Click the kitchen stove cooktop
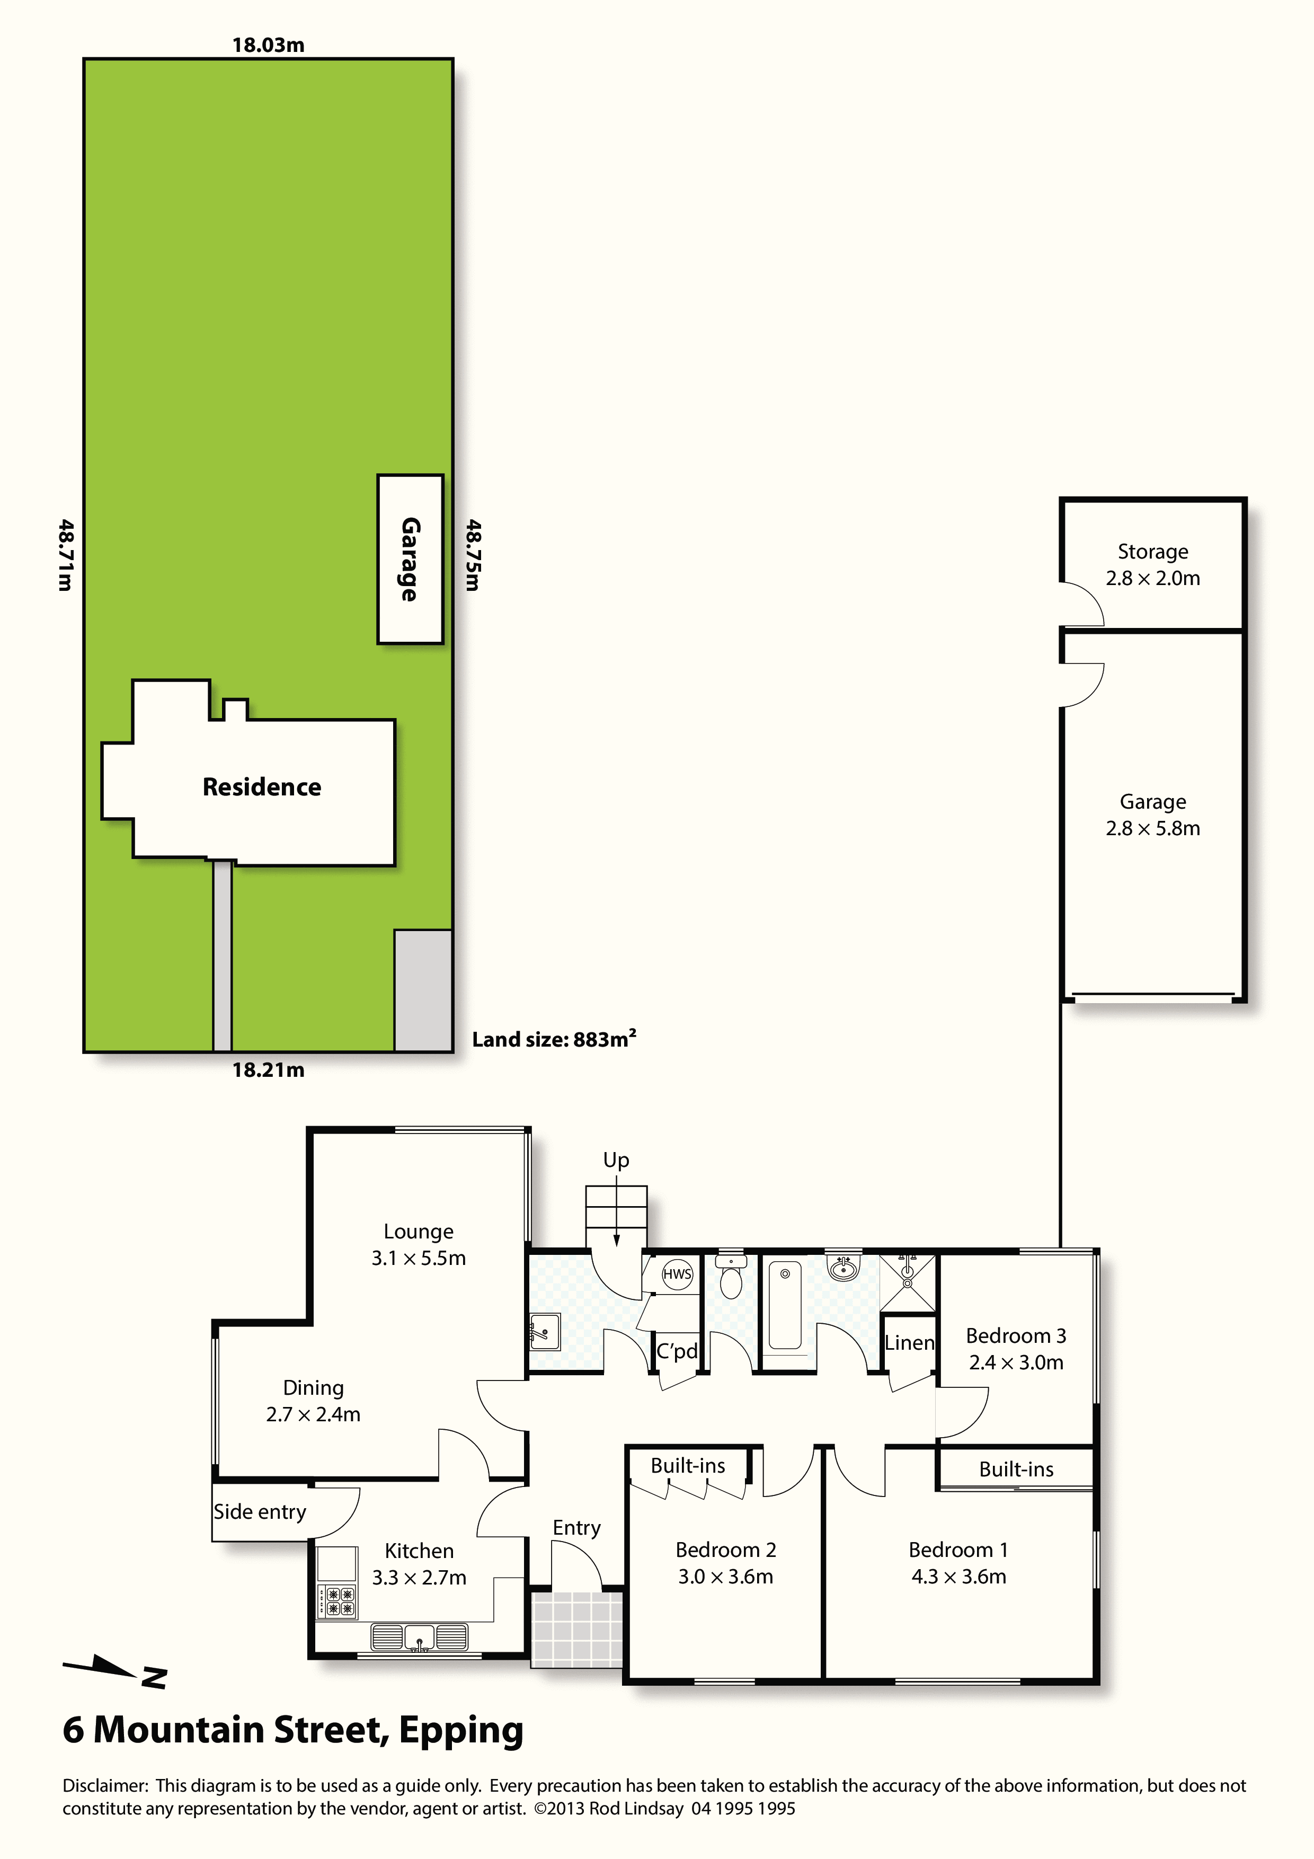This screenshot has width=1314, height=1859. coord(337,1601)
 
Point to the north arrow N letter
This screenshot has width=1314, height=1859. coord(154,1678)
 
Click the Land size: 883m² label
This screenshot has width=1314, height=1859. coord(554,1039)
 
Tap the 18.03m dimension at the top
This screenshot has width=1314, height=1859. coord(268,46)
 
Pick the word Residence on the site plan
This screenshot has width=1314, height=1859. coord(262,787)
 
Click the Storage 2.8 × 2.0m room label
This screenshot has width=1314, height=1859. coord(1153,564)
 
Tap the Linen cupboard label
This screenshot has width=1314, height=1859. coord(909,1342)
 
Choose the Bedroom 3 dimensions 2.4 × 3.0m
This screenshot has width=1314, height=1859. coord(1016,1362)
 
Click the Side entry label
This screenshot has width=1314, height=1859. coord(260,1512)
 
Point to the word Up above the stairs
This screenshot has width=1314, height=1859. coord(616,1160)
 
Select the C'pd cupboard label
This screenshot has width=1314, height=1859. coord(677,1351)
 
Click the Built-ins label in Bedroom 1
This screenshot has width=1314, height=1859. coord(1016,1469)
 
